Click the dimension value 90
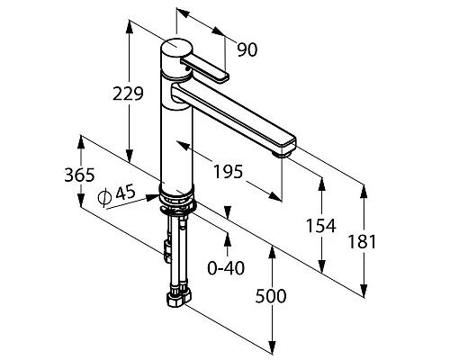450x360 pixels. point(247,49)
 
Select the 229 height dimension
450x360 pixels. point(128,94)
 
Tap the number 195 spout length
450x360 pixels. point(228,172)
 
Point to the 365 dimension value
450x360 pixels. point(79,175)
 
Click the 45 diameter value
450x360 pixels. point(126,193)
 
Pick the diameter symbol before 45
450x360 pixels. point(104,197)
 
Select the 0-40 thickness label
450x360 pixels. point(226,267)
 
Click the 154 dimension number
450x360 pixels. point(321,226)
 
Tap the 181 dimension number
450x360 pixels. point(362,242)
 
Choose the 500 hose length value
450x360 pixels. point(271,296)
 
